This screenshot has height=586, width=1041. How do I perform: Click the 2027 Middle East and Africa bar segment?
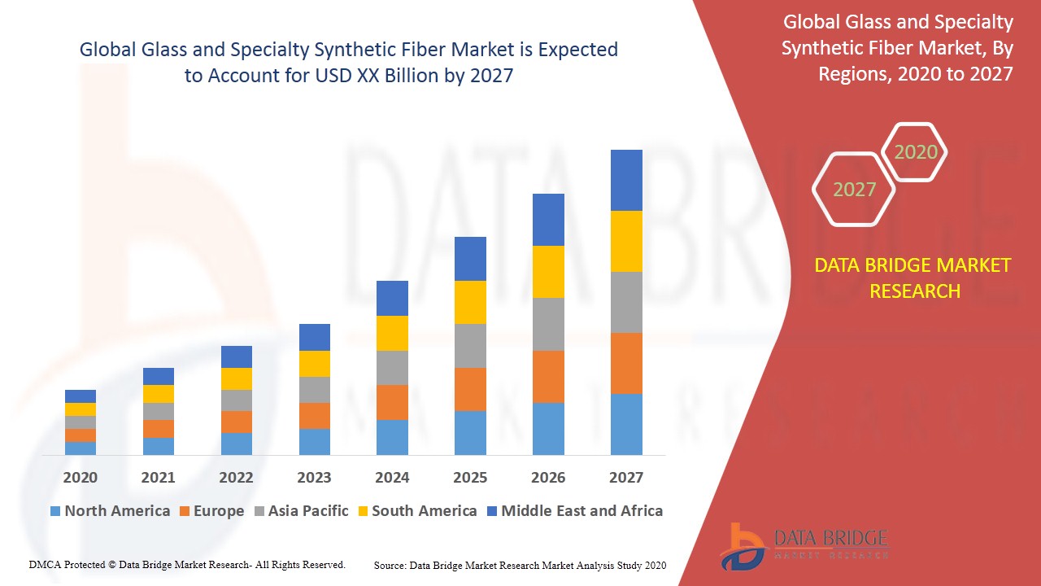pos(626,180)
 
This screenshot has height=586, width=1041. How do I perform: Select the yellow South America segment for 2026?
pos(548,272)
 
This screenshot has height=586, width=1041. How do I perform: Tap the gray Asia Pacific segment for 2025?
pos(470,346)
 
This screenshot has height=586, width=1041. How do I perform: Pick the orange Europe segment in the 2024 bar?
pos(392,402)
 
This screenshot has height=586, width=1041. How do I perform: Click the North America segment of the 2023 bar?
pos(314,441)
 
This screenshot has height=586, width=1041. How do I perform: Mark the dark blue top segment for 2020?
pos(81,396)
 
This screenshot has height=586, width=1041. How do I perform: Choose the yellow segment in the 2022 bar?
pos(236,378)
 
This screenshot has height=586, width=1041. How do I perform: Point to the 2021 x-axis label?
pos(158,478)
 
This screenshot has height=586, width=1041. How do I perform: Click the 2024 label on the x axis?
pos(392,478)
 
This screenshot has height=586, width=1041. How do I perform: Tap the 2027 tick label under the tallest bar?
pos(626,478)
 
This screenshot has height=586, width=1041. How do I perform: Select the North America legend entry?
pos(110,511)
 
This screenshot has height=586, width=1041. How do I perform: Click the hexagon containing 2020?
pos(915,152)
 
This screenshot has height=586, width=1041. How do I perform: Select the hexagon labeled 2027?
pos(854,190)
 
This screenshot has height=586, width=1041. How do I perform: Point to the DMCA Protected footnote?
pos(187,564)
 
